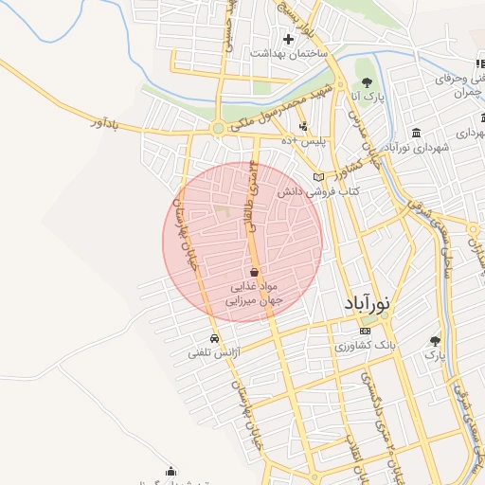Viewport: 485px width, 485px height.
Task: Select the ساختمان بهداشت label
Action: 288,54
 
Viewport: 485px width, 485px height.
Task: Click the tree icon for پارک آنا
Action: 366,80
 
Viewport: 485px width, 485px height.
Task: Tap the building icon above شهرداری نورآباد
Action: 417,133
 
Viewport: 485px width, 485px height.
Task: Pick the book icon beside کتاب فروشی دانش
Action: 318,177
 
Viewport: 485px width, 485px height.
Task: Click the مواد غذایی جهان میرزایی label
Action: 251,293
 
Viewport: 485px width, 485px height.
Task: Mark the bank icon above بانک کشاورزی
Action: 366,331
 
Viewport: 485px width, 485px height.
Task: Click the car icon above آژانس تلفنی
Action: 214,338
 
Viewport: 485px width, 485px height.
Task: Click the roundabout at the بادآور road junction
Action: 219,128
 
